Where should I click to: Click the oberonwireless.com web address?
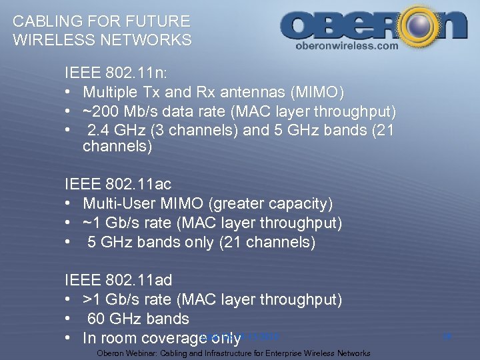coord(346,46)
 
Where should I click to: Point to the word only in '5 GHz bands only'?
coord(198,242)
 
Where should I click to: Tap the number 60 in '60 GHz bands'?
coord(97,319)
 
